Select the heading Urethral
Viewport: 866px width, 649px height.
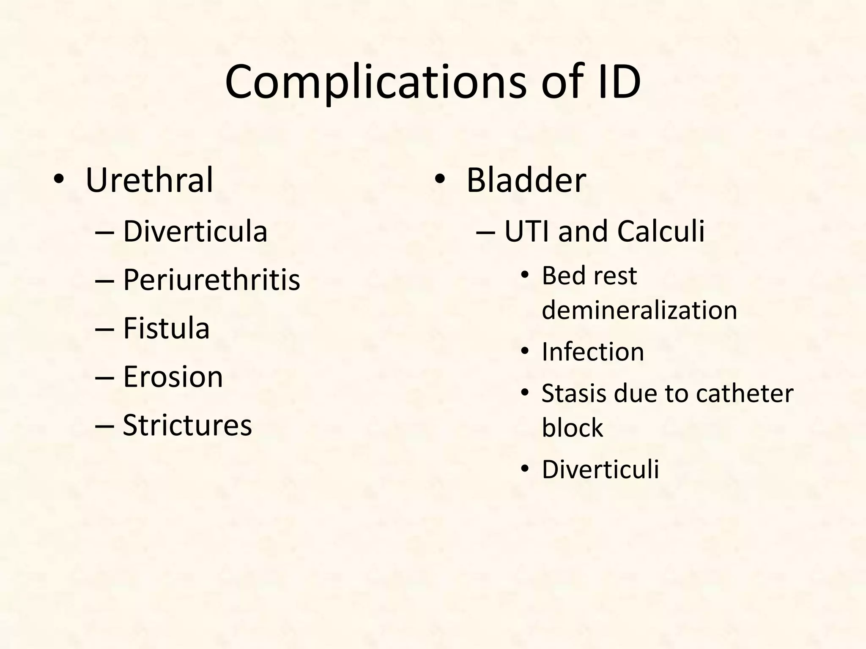pyautogui.click(x=149, y=180)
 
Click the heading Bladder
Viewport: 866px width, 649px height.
pyautogui.click(x=526, y=180)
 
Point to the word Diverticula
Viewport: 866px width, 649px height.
pyautogui.click(x=195, y=232)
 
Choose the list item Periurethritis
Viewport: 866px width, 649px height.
pyautogui.click(x=211, y=280)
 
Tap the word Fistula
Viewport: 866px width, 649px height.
pyautogui.click(x=166, y=328)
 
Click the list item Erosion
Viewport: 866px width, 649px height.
pyautogui.click(x=173, y=376)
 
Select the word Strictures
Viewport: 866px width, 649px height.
pyautogui.click(x=187, y=425)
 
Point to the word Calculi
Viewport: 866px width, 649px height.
pyautogui.click(x=661, y=232)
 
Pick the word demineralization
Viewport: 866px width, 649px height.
pyautogui.click(x=639, y=310)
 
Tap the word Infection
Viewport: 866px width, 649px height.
pyautogui.click(x=593, y=352)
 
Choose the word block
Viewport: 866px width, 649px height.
pyautogui.click(x=572, y=428)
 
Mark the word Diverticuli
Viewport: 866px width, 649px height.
pyautogui.click(x=600, y=469)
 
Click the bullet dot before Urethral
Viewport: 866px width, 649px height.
pyautogui.click(x=59, y=180)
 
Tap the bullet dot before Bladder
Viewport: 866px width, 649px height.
pyautogui.click(x=440, y=180)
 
